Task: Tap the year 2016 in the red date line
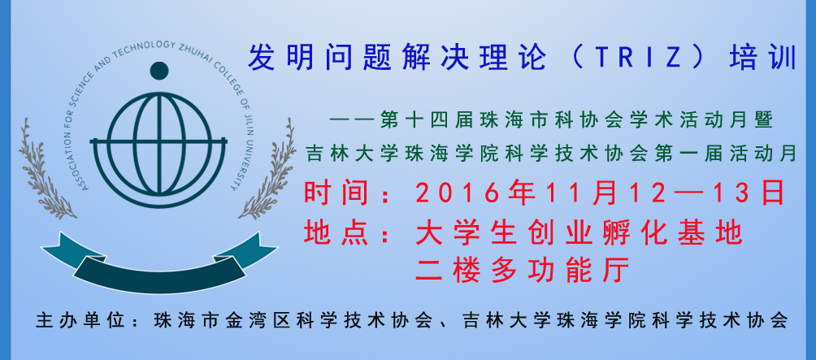(x=458, y=193)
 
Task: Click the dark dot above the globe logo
(x=159, y=71)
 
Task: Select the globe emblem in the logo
(x=158, y=143)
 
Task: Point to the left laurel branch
(x=44, y=169)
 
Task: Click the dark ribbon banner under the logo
(x=159, y=263)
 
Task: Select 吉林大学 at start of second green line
(x=349, y=154)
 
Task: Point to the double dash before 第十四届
(x=353, y=122)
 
